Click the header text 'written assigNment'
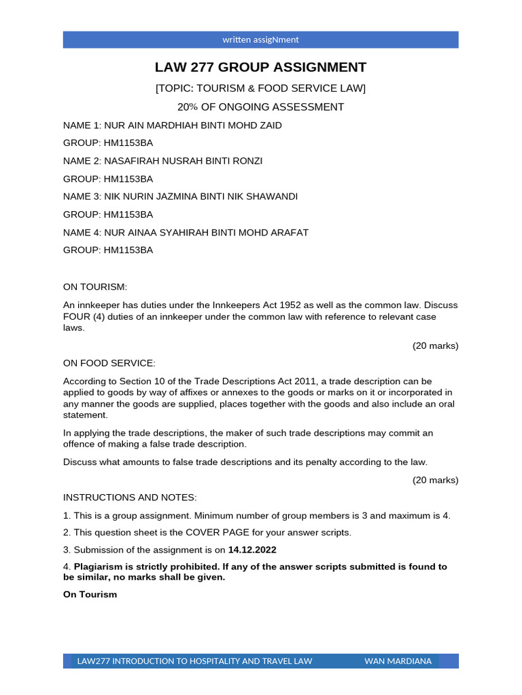click(260, 40)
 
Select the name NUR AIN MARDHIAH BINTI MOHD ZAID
click(192, 126)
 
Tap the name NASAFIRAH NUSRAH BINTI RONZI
click(183, 161)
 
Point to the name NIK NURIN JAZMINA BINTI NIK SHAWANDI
click(201, 197)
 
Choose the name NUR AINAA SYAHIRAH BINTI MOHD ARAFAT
click(206, 232)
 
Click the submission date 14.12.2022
click(252, 550)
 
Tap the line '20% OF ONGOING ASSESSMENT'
click(260, 107)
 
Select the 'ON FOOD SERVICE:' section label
click(109, 363)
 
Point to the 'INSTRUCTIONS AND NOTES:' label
click(130, 497)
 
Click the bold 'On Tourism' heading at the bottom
click(90, 595)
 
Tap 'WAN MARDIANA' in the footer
click(398, 661)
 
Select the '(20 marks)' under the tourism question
click(435, 345)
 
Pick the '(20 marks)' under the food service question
click(435, 480)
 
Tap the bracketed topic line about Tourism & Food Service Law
click(260, 89)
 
